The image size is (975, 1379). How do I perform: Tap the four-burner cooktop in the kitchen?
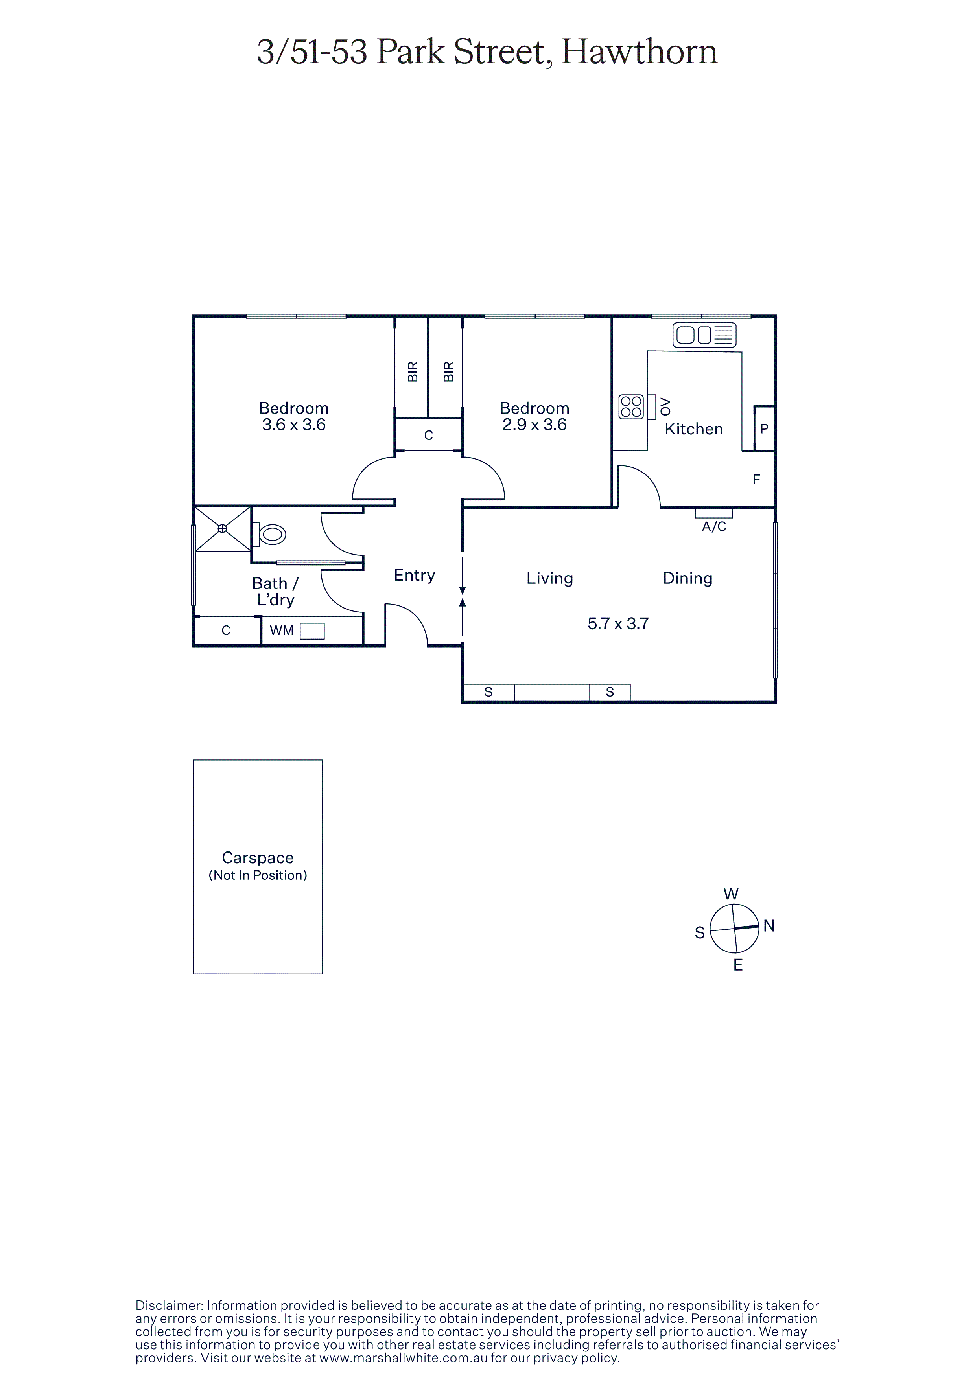631,406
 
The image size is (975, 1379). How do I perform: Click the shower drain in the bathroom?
222,529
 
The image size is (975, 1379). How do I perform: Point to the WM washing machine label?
282,630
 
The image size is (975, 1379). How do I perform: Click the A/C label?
714,527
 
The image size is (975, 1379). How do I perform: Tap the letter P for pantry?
764,429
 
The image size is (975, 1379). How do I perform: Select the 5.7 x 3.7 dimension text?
618,623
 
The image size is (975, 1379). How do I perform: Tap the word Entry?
415,576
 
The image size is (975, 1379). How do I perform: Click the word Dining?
688,578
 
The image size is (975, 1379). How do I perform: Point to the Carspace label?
258,858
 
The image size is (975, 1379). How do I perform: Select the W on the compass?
731,894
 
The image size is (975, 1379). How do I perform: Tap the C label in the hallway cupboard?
428,436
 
